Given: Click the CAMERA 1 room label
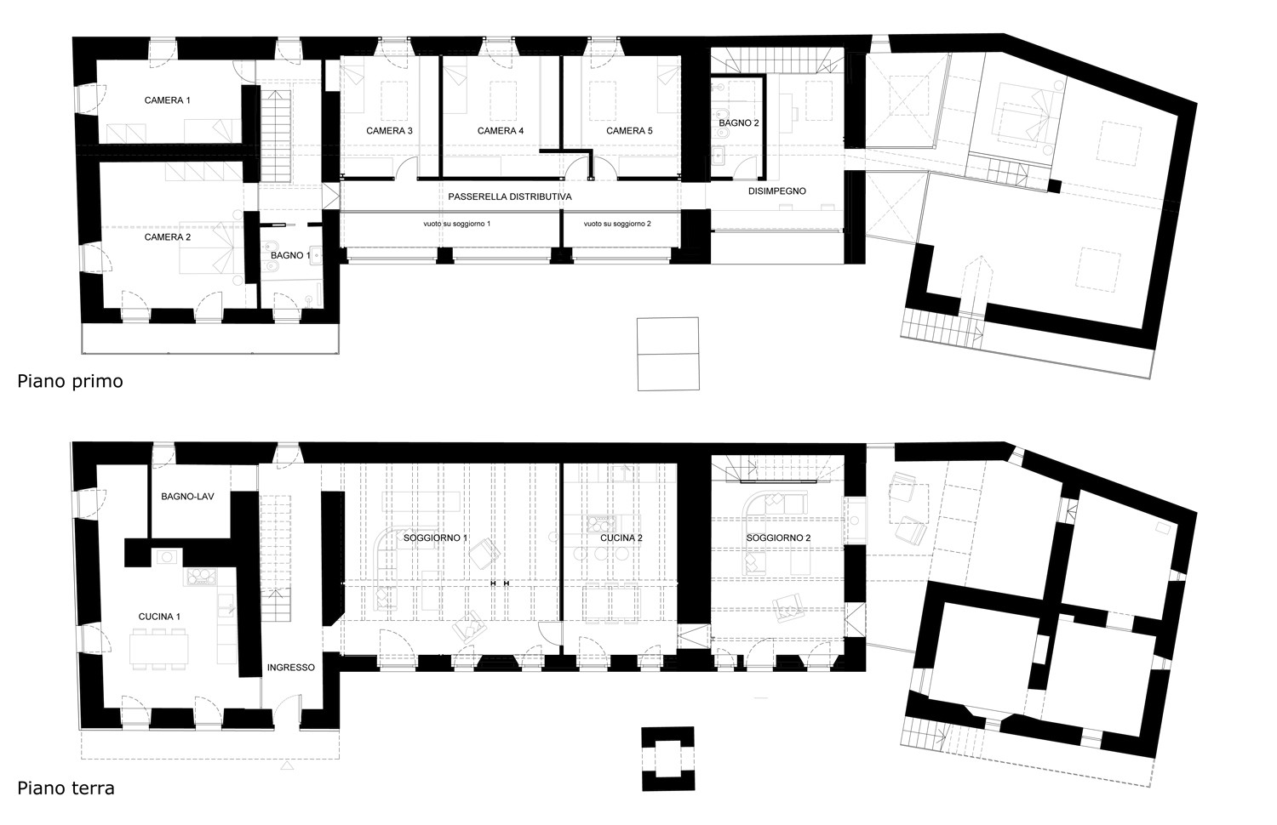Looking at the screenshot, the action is click(x=167, y=100).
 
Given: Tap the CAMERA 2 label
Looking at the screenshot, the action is click(x=167, y=236).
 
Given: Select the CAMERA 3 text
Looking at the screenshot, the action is click(x=389, y=131).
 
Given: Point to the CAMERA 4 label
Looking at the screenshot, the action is click(x=500, y=131).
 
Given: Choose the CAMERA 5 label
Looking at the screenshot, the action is click(x=629, y=131).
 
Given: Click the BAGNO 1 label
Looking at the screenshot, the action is click(x=290, y=255).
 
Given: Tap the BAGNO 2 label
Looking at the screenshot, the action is click(x=738, y=123).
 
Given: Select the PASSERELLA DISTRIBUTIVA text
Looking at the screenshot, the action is click(x=510, y=197).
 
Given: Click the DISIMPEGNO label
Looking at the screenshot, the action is click(x=777, y=191).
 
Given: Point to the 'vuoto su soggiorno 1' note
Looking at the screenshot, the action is click(x=456, y=224).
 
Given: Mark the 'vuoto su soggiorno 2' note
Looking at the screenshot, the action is click(x=617, y=224).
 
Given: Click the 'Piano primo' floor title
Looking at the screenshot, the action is click(x=70, y=381).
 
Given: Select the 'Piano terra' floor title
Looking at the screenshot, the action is click(x=66, y=788).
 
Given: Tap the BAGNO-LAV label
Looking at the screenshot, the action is click(x=187, y=497).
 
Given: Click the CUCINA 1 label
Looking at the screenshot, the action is click(x=159, y=617).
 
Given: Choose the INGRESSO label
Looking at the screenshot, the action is click(x=291, y=668).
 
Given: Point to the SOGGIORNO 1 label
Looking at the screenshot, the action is click(x=435, y=538).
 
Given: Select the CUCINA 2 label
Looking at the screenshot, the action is click(x=621, y=538).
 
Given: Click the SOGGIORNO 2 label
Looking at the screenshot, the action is click(x=778, y=538).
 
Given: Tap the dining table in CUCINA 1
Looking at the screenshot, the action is click(x=159, y=648).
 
